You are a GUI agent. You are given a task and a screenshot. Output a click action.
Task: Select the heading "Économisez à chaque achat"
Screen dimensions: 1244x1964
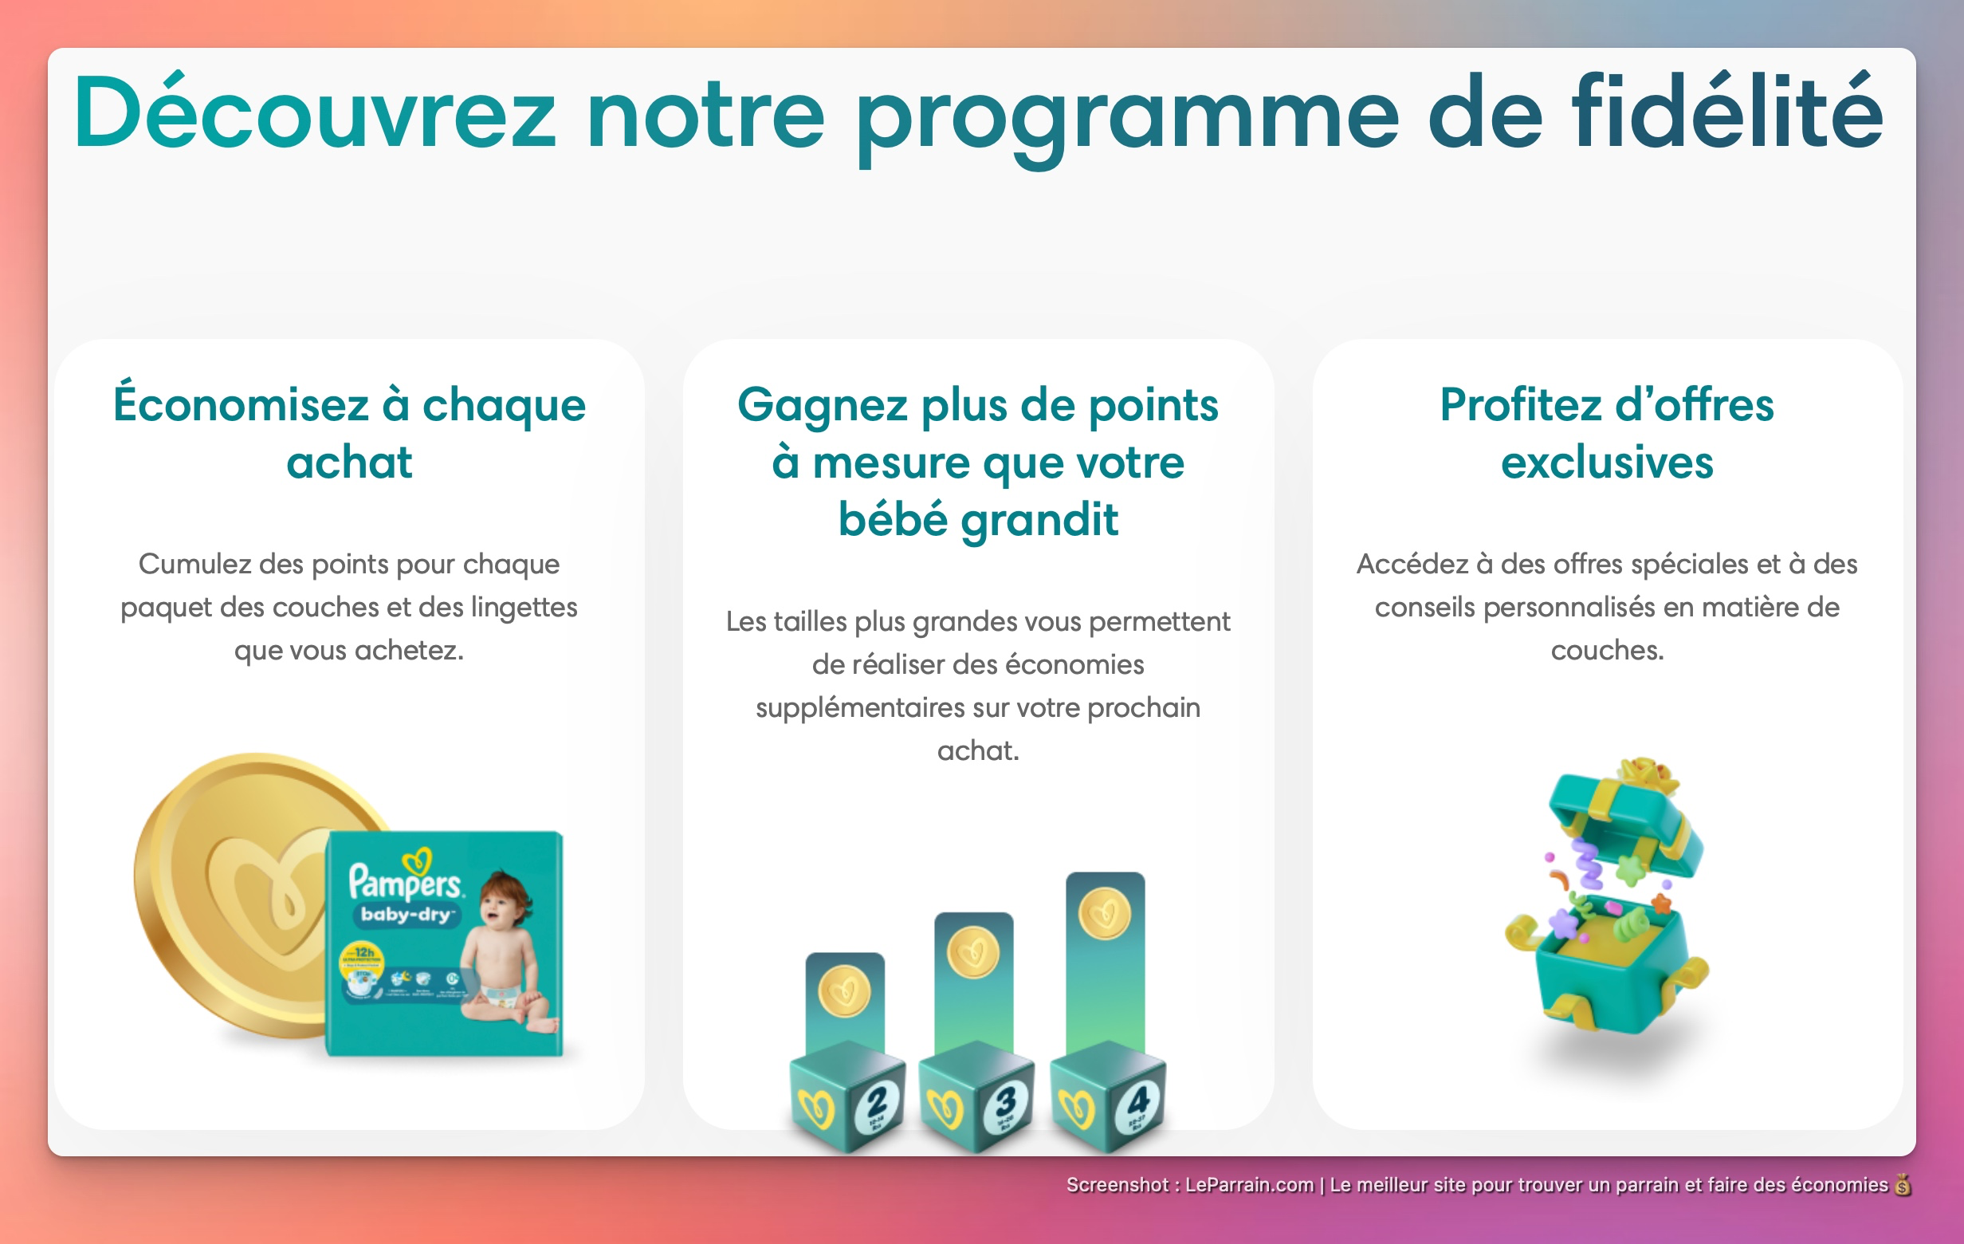tap(349, 432)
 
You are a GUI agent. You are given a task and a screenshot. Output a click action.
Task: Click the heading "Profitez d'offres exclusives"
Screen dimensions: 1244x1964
tap(1606, 432)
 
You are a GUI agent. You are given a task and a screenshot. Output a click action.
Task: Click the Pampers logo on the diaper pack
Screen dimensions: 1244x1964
tap(407, 877)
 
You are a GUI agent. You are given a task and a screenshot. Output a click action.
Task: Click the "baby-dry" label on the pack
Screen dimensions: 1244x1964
tap(407, 915)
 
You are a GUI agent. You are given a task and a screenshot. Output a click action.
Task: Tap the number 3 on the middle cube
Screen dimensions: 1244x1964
tap(1006, 1101)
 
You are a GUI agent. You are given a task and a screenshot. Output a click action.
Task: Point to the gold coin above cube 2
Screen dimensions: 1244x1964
tap(844, 991)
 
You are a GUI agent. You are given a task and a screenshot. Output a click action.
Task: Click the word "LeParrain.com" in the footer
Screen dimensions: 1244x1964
tap(1249, 1184)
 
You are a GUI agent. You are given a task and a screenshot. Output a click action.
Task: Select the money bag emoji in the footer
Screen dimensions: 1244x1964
tap(1902, 1184)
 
